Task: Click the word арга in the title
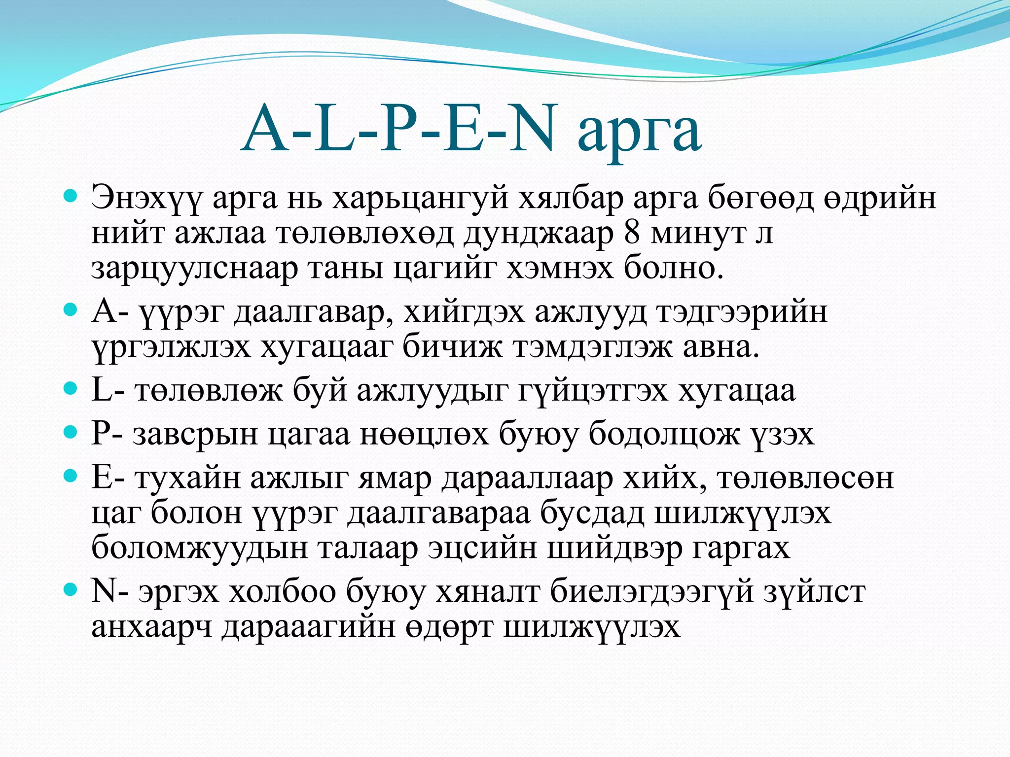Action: pyautogui.click(x=639, y=132)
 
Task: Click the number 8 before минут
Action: pyautogui.click(x=632, y=233)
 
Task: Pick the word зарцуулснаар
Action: pyautogui.click(x=194, y=269)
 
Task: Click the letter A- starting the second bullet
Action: pyautogui.click(x=110, y=311)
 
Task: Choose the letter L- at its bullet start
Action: pyautogui.click(x=108, y=390)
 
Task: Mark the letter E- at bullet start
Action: pyautogui.click(x=108, y=477)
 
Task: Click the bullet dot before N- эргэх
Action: pyautogui.click(x=72, y=589)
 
